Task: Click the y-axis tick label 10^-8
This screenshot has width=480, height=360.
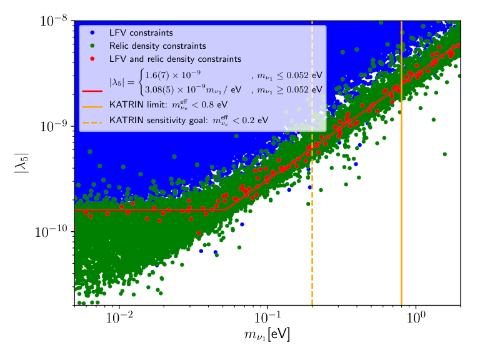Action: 53,21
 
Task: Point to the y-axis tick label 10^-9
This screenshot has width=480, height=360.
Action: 53,126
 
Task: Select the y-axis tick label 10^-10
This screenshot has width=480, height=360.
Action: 51,232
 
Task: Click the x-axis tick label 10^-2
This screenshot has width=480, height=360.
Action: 119,317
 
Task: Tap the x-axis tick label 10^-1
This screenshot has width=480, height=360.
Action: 267,317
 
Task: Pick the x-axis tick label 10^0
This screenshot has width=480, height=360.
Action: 416,317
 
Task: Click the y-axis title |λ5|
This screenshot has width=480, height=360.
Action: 21,163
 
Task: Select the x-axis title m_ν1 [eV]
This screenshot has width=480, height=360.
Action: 267,334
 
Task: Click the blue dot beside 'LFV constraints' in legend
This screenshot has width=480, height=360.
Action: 92,32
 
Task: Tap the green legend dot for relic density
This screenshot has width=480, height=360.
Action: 92,46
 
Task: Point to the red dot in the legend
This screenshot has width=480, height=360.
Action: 92,59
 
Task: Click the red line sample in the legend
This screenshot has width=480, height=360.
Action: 92,91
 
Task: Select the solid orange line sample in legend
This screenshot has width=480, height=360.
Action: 92,107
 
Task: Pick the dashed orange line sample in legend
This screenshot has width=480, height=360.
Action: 92,122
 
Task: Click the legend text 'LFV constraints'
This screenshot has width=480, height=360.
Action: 141,32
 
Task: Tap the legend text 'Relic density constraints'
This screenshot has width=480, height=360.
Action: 157,46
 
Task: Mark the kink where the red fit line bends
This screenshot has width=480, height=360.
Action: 225,210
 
